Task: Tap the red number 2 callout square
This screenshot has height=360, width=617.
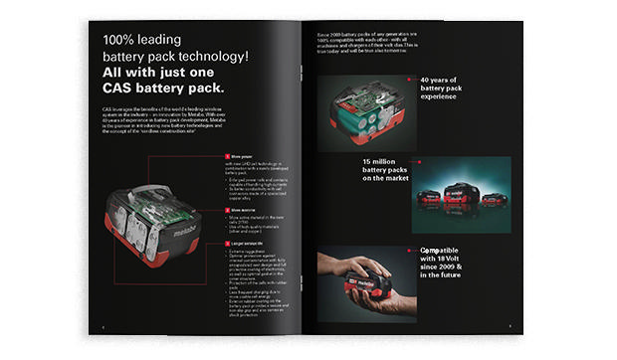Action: (226, 210)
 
